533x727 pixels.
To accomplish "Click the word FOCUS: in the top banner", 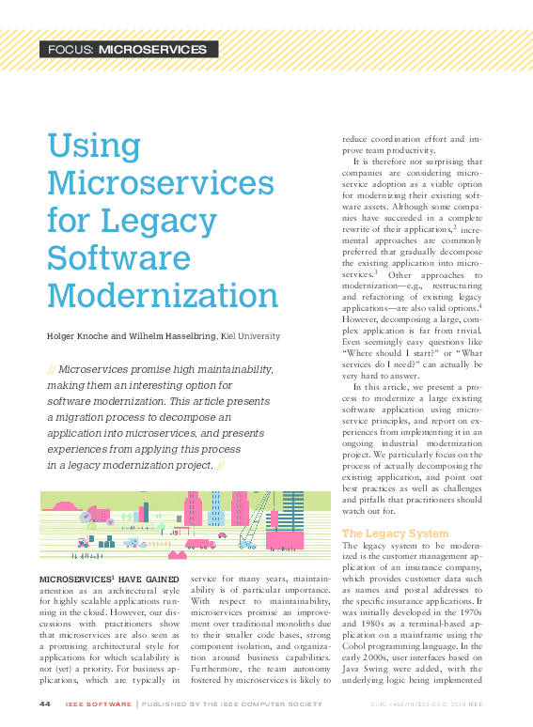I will pyautogui.click(x=71, y=49).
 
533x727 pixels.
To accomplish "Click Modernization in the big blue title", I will pyautogui.click(x=163, y=296).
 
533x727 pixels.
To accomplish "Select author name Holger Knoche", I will pyautogui.click(x=79, y=336).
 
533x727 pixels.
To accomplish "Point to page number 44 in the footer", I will pyautogui.click(x=44, y=704).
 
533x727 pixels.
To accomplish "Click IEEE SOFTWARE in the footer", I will pyautogui.click(x=98, y=704).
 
